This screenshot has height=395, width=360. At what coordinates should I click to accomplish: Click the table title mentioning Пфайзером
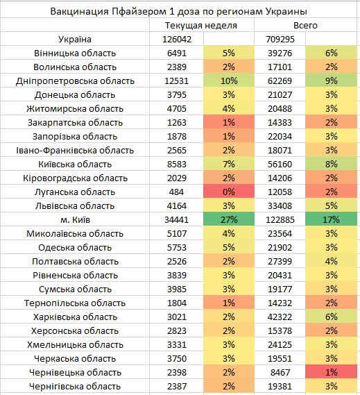tap(178, 11)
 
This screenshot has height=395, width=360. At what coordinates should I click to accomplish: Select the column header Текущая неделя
tap(201, 26)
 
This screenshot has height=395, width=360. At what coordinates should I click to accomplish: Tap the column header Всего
tap(305, 26)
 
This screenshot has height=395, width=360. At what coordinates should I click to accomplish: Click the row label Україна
tap(75, 40)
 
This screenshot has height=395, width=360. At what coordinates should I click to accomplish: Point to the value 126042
tap(177, 40)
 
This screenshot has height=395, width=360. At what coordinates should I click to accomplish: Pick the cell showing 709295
tap(280, 40)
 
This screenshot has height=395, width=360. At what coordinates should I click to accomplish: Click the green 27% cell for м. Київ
tap(229, 219)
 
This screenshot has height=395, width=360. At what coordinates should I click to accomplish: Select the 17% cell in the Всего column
tap(331, 219)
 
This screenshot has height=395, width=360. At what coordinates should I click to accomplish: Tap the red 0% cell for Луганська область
tap(229, 192)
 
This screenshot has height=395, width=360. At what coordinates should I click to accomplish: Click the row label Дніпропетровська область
tap(75, 81)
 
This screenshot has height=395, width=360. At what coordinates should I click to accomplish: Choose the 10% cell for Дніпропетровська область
tap(229, 81)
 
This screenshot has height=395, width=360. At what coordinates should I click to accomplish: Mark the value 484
tap(176, 192)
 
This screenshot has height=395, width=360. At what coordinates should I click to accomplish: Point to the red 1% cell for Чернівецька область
tap(331, 372)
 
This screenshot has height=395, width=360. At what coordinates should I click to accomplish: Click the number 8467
tap(280, 372)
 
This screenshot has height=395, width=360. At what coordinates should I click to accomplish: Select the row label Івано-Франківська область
tap(75, 151)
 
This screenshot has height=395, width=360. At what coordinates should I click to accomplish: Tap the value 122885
tap(280, 219)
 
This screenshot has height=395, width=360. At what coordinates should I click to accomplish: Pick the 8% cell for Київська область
tap(331, 165)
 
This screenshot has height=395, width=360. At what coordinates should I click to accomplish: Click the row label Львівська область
tap(75, 206)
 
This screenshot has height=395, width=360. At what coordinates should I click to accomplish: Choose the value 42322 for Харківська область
tap(280, 317)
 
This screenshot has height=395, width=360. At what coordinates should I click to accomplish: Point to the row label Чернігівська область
tap(75, 387)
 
